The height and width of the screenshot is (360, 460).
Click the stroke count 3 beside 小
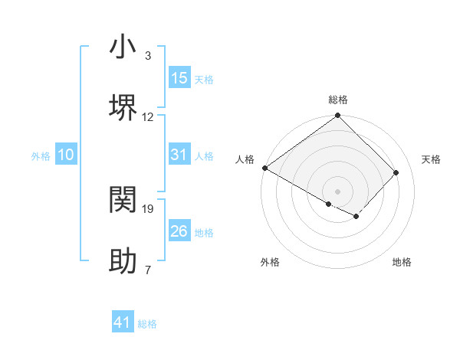click(148, 56)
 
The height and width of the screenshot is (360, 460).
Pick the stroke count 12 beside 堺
click(148, 116)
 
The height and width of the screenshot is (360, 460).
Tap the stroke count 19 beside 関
click(148, 208)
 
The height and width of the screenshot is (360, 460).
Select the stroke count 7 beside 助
click(148, 270)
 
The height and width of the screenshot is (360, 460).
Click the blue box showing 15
click(179, 78)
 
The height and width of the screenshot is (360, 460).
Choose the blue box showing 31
click(179, 155)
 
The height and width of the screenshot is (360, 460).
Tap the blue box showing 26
click(179, 231)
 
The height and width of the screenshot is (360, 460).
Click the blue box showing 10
click(66, 155)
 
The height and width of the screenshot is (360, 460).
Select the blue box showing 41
click(123, 322)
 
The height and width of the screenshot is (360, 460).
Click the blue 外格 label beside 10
click(41, 156)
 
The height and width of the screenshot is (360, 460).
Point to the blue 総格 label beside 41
click(147, 324)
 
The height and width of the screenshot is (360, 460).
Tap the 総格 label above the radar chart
click(338, 100)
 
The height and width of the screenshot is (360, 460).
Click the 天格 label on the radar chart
click(431, 159)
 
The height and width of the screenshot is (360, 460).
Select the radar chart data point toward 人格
click(264, 168)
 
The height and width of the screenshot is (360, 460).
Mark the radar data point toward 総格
click(338, 116)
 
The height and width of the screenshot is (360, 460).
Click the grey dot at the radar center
click(338, 191)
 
